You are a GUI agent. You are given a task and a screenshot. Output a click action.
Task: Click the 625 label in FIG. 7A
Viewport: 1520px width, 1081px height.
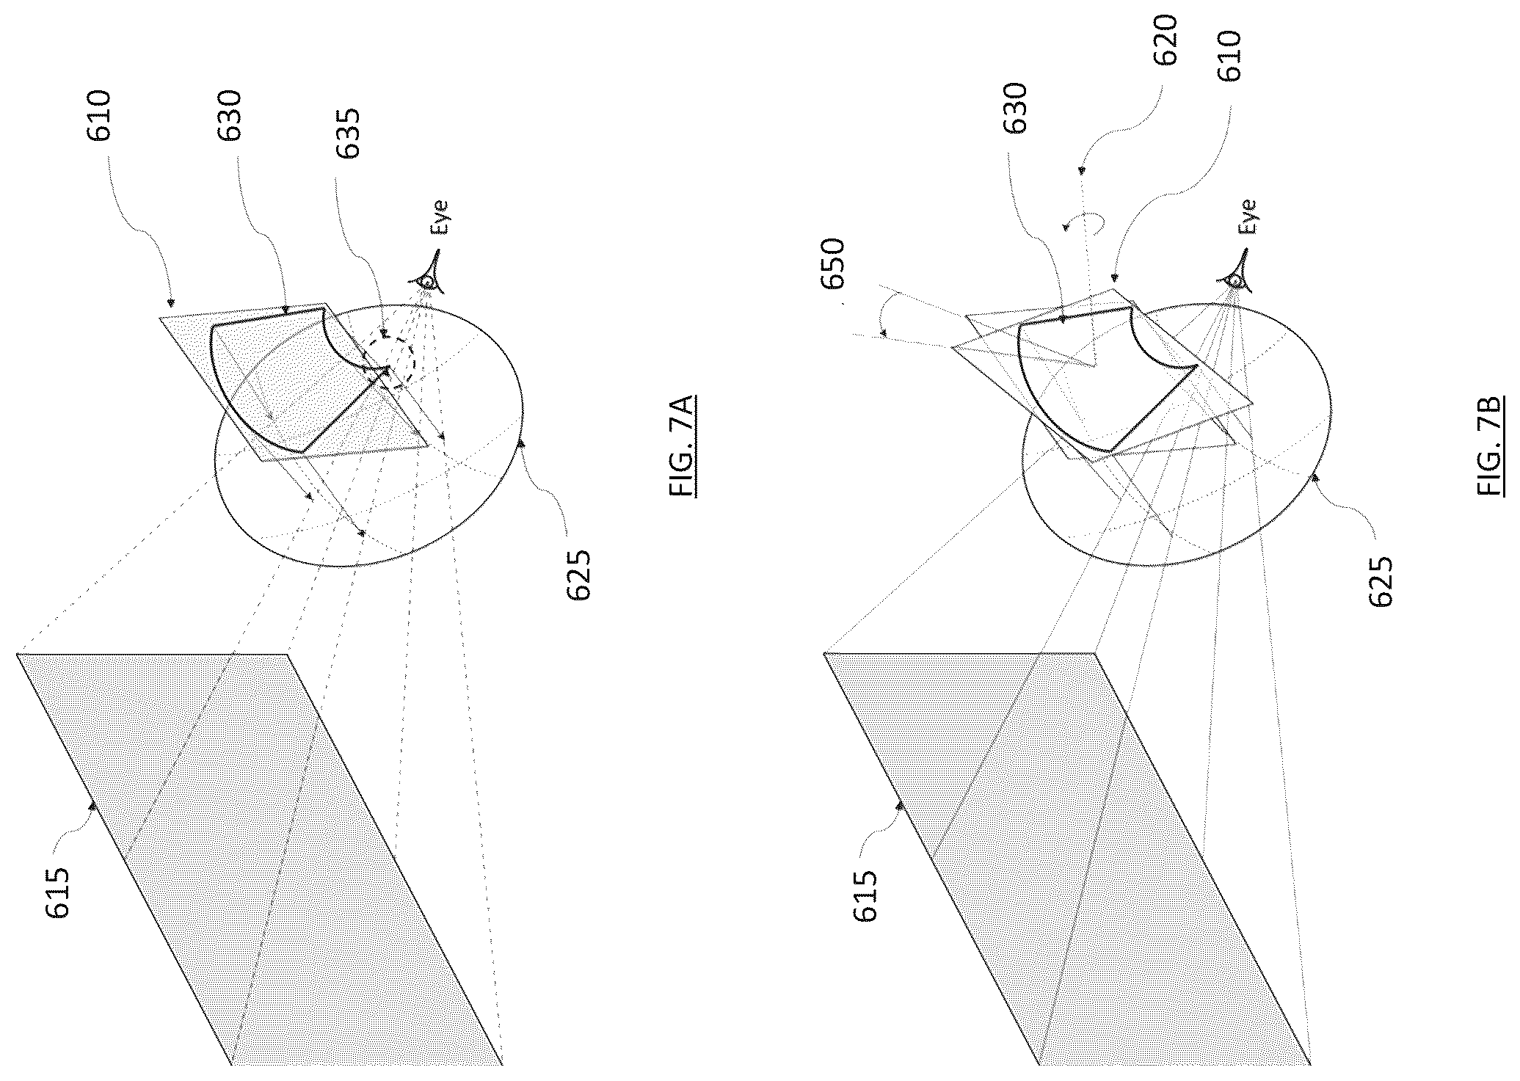pos(578,575)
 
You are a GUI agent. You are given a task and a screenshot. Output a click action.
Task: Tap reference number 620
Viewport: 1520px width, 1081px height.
pos(1164,40)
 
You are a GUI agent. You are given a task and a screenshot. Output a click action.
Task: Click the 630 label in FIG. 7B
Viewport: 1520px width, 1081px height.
pos(1015,108)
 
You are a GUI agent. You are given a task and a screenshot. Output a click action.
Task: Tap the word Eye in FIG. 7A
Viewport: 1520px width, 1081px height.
pos(440,217)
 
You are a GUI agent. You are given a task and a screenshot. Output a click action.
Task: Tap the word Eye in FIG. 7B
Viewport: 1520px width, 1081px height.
pos(1247,216)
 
